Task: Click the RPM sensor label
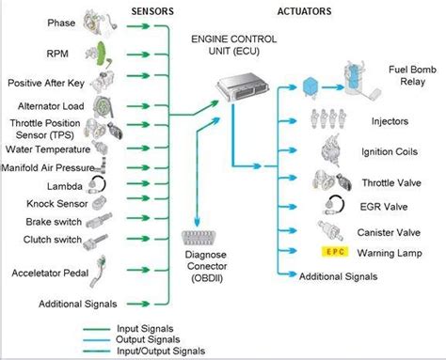click(32, 55)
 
